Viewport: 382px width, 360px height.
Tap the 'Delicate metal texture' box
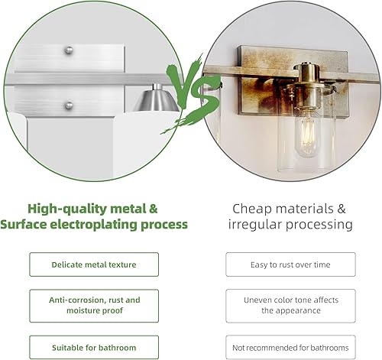click(94, 264)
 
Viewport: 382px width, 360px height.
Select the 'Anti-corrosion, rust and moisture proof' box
click(94, 306)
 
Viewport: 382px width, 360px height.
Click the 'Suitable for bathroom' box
click(94, 348)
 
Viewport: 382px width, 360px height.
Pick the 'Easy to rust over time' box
click(290, 264)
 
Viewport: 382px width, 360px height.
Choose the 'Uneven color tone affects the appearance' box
click(290, 306)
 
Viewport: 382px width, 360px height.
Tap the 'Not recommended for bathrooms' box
click(290, 348)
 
